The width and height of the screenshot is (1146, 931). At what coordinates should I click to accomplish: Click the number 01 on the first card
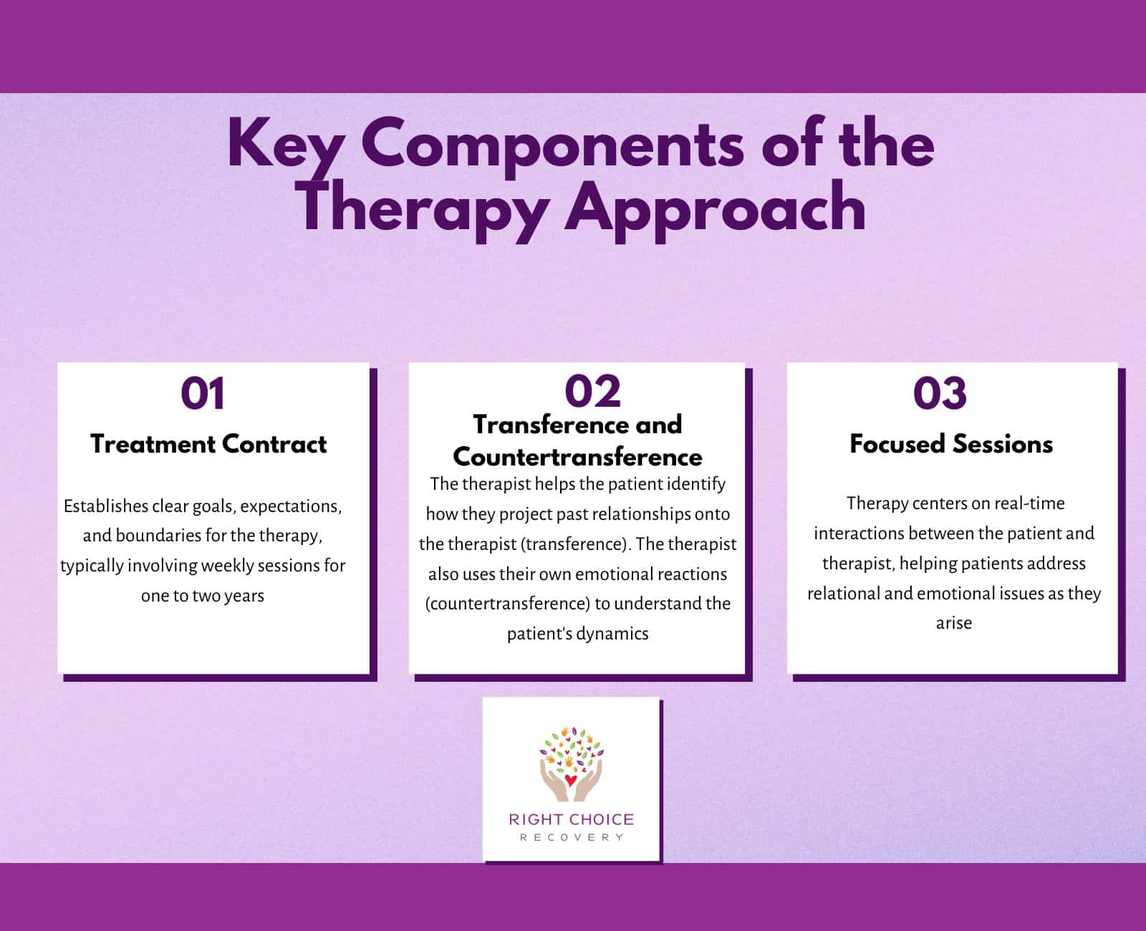[203, 394]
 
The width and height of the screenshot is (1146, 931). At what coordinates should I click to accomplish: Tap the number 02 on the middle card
[592, 392]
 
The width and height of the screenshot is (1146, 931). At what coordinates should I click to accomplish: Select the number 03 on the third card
[940, 394]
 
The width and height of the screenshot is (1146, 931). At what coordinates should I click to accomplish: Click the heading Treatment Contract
[208, 444]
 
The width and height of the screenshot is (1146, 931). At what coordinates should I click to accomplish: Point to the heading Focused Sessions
[951, 444]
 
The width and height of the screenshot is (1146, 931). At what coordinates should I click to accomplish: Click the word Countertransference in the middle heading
[577, 456]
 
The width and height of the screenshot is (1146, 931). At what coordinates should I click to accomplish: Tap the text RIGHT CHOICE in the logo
[571, 819]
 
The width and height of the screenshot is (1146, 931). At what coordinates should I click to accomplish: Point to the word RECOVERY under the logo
[571, 837]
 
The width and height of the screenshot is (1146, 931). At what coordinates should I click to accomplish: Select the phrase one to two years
[203, 596]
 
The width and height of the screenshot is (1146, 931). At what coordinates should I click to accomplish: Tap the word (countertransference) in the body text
[508, 604]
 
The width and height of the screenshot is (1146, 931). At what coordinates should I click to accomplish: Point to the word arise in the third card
[953, 623]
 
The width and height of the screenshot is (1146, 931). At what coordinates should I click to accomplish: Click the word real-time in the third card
[1029, 503]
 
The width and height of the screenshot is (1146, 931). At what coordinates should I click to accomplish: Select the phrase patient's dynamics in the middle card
[577, 634]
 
